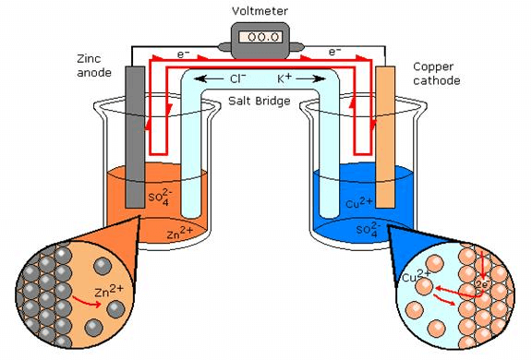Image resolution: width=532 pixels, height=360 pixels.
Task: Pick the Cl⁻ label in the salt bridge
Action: [x=238, y=80]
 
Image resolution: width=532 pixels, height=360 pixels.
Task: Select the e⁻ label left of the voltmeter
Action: [x=185, y=55]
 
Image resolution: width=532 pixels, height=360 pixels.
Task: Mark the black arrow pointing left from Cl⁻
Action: [x=214, y=80]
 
